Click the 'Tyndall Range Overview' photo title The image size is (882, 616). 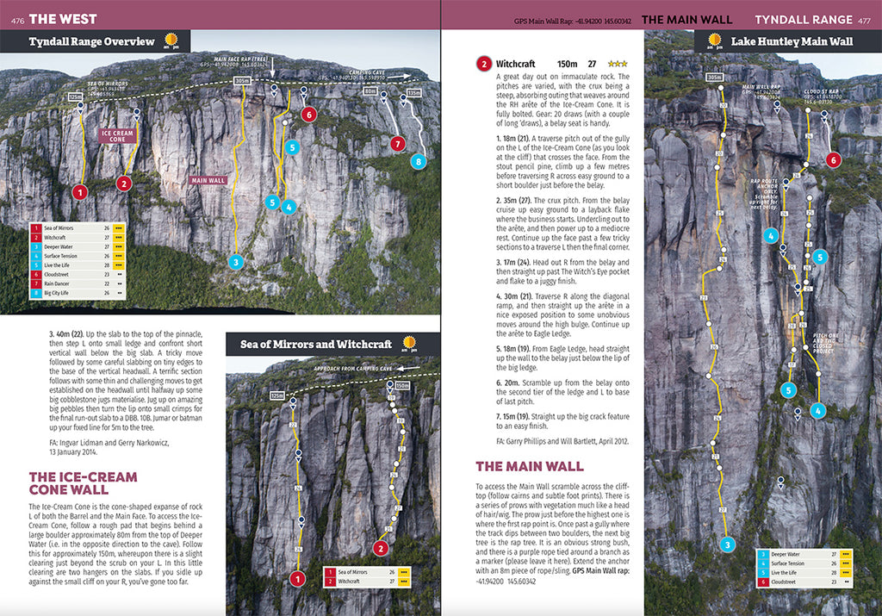point(91,41)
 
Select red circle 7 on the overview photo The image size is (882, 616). point(397,144)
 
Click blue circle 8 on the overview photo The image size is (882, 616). point(419,161)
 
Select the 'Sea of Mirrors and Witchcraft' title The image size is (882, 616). point(315,345)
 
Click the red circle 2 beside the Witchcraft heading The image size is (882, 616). point(485,64)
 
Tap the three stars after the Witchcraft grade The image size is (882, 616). point(618,64)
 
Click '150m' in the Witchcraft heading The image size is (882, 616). point(567,64)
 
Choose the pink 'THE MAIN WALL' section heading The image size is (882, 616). point(530,466)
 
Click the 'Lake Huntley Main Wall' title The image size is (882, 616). point(792,41)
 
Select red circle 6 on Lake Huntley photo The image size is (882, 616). point(832,159)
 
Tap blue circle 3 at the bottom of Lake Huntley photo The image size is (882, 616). point(728,544)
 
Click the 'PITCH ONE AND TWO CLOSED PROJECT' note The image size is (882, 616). point(826,345)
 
